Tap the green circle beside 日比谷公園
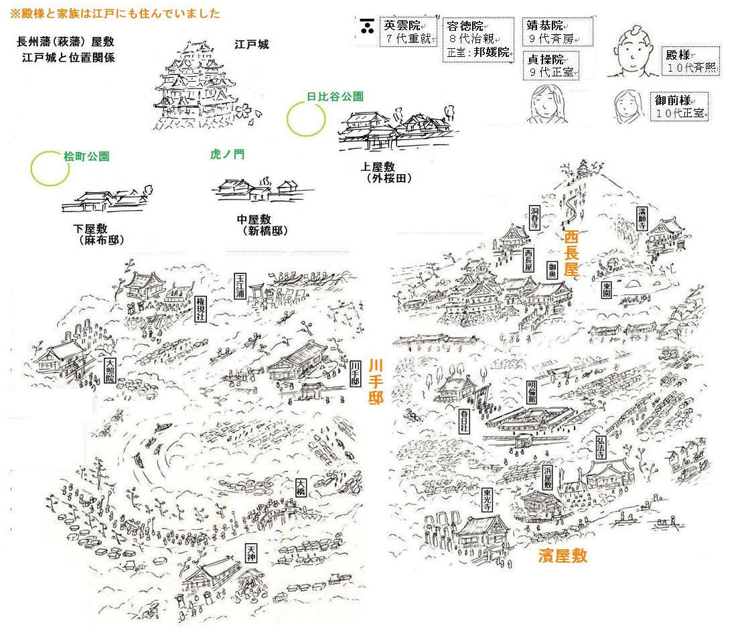click(306, 119)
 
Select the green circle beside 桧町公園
click(50, 167)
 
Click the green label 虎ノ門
click(228, 155)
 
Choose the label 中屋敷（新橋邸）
click(262, 225)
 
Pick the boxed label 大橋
click(301, 487)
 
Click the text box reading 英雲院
click(408, 31)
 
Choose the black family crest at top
click(367, 26)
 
